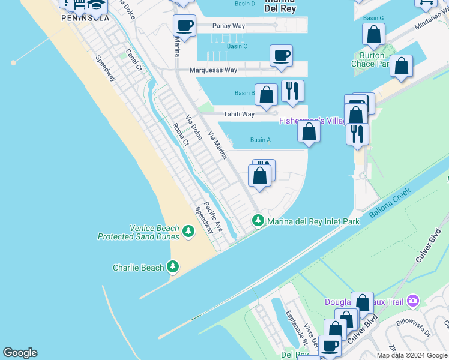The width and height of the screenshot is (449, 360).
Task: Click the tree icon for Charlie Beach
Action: click(173, 266)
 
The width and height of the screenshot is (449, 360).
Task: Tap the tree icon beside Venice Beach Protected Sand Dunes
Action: click(188, 231)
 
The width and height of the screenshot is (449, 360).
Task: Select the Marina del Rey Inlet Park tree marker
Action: click(258, 221)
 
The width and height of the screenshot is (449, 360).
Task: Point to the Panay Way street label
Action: click(229, 26)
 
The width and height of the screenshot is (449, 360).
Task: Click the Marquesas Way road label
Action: click(213, 70)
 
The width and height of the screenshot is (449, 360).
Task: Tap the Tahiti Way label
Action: click(239, 114)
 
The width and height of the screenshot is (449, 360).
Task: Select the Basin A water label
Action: click(260, 140)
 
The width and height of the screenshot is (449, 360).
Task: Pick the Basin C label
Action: click(237, 46)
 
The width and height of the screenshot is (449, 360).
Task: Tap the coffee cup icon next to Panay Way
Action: click(184, 25)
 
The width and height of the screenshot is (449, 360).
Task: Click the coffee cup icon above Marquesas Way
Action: click(281, 55)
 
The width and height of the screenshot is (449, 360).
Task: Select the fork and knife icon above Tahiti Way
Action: click(292, 91)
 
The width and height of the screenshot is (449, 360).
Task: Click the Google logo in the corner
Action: click(20, 353)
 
